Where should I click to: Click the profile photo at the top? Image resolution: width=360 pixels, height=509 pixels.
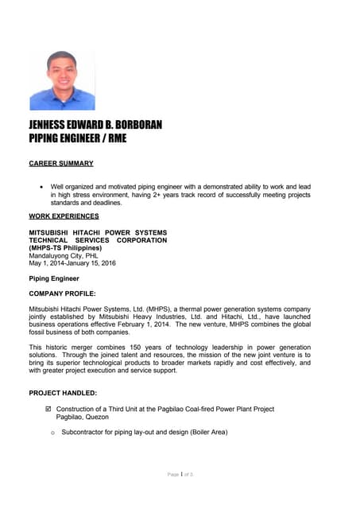62,80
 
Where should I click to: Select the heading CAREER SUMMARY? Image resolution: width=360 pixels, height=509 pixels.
61,163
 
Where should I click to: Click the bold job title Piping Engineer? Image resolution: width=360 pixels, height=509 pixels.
54,278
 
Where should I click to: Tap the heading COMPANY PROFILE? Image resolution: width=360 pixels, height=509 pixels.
62,293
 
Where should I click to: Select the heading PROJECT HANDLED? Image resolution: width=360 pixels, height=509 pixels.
63,393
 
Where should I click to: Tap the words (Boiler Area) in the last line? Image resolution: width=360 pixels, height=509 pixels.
206,433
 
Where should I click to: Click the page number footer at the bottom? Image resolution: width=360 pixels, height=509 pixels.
180,475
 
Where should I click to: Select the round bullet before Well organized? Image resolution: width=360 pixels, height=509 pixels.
41,186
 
